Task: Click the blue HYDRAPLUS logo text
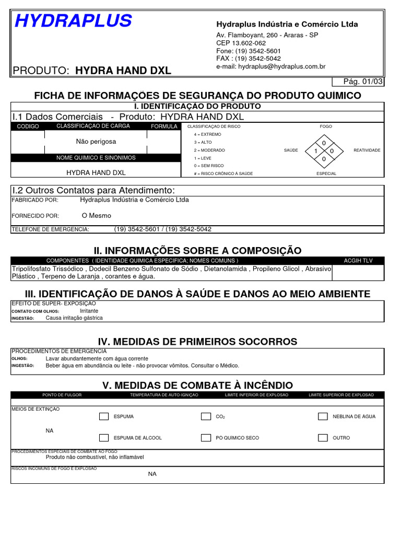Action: point(73,21)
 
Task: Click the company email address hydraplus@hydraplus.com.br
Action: point(270,66)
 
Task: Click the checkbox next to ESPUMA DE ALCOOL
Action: point(104,438)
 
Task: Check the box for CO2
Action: point(206,416)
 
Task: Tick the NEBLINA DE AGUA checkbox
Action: point(323,416)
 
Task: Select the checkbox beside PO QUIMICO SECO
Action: point(206,438)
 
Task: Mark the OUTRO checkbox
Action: point(323,438)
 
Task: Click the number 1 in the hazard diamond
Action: point(316,151)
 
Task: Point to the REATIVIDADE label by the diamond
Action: point(367,150)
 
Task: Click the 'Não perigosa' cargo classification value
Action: point(96,142)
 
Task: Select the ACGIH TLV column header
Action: point(358,260)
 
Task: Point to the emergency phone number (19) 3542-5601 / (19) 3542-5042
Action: point(162,229)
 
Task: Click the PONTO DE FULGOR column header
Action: point(62,395)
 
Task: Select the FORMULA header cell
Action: point(164,126)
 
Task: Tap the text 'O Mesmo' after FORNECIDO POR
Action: point(97,215)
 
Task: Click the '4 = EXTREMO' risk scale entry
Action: point(208,134)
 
